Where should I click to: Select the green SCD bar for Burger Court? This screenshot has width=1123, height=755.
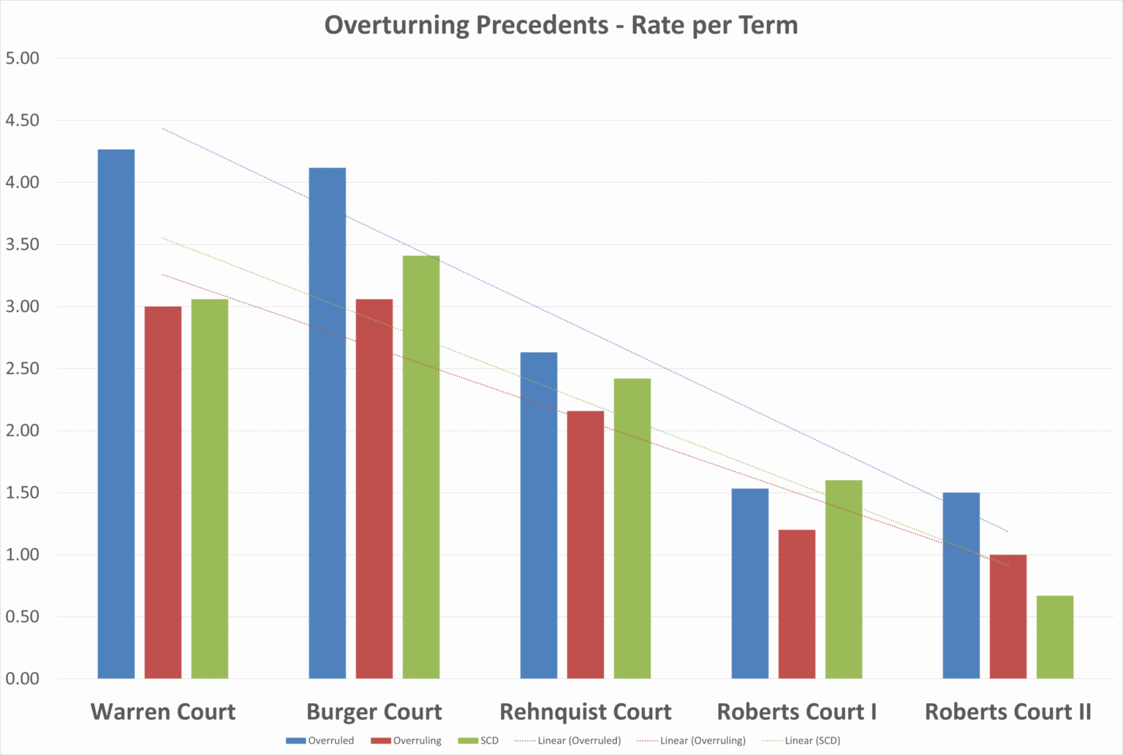pyautogui.click(x=421, y=467)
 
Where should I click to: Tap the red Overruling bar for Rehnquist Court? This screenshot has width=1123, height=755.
pyautogui.click(x=586, y=545)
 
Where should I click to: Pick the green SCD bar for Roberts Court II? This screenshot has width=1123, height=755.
pyautogui.click(x=1055, y=637)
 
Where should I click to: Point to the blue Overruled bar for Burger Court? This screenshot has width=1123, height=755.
pyautogui.click(x=328, y=423)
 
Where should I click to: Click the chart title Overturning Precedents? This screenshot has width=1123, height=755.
pyautogui.click(x=561, y=25)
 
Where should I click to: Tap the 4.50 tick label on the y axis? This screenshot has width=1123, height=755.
pyautogui.click(x=23, y=120)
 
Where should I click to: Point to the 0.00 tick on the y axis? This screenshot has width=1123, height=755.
pyautogui.click(x=23, y=678)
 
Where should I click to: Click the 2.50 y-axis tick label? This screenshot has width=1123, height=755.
pyautogui.click(x=23, y=368)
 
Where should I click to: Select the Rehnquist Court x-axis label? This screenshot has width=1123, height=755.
pyautogui.click(x=585, y=711)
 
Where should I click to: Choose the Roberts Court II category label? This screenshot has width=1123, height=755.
pyautogui.click(x=1007, y=711)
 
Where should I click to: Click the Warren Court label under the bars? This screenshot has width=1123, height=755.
pyautogui.click(x=163, y=711)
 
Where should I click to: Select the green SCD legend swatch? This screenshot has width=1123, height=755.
pyautogui.click(x=468, y=740)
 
